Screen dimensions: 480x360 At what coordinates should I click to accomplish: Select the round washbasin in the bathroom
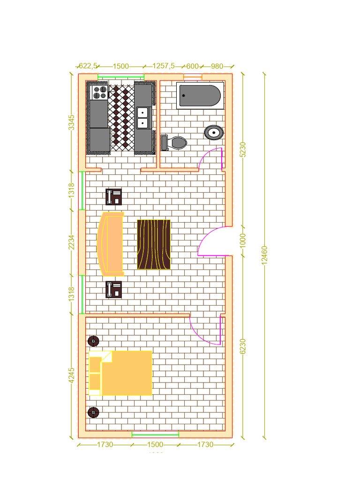tap(214, 132)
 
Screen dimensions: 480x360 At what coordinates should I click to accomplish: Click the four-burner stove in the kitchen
tap(99, 92)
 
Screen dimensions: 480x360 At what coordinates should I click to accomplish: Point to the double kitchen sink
tap(142, 117)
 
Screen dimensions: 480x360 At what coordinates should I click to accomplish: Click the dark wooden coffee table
tap(153, 244)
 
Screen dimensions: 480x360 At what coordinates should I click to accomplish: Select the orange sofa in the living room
tap(112, 243)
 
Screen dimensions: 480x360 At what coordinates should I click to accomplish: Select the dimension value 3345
tap(71, 122)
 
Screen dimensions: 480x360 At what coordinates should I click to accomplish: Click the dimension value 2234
tap(71, 243)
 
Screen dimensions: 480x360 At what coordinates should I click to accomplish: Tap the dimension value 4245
tap(71, 375)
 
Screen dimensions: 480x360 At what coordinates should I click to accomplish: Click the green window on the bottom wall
tap(155, 435)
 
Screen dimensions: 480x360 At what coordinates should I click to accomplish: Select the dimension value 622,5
tap(88, 66)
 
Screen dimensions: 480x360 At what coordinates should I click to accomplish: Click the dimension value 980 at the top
tap(217, 66)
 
